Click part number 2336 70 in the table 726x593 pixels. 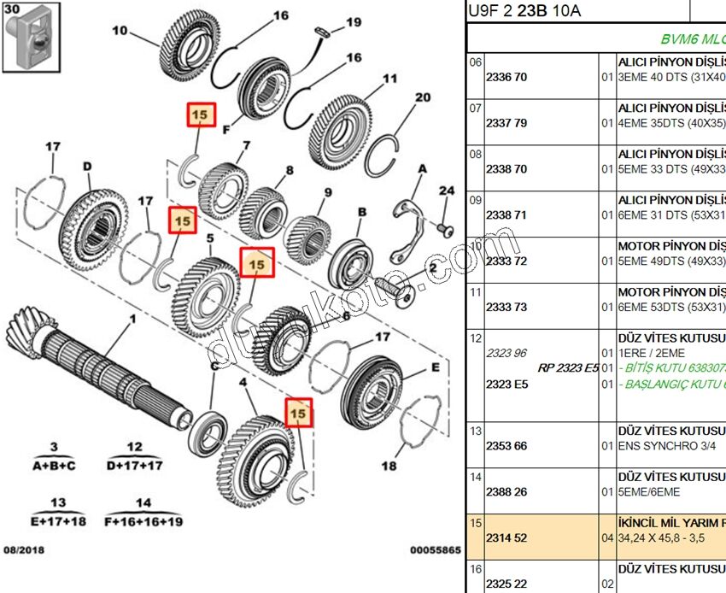pyautogui.click(x=506, y=77)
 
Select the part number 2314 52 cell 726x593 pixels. pyautogui.click(x=506, y=538)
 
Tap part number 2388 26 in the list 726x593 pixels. pyautogui.click(x=506, y=492)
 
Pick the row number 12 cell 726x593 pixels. pyautogui.click(x=476, y=338)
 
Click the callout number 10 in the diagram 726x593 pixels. pyautogui.click(x=119, y=32)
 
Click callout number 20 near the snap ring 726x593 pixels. pyautogui.click(x=422, y=97)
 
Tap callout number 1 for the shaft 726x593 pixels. pyautogui.click(x=132, y=320)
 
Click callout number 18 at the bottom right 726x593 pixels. pyautogui.click(x=389, y=467)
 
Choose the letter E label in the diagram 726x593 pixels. pyautogui.click(x=435, y=368)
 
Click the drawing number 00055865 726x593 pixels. pyautogui.click(x=435, y=551)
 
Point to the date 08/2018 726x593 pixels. pyautogui.click(x=24, y=551)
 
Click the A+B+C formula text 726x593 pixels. pyautogui.click(x=54, y=466)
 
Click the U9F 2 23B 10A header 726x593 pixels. pyautogui.click(x=524, y=10)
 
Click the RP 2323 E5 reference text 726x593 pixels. pyautogui.click(x=568, y=368)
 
